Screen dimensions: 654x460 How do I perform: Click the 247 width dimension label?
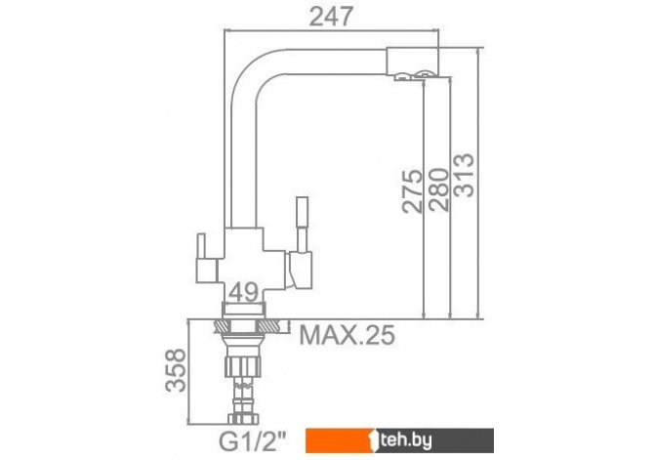coord(331,18)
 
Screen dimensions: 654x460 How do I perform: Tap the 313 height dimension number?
coord(464,175)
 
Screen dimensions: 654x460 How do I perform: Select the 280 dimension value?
coord(439,189)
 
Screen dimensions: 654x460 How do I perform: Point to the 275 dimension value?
coord(412,191)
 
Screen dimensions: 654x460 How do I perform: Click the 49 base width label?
coord(243,292)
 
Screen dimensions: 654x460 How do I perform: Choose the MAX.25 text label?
coord(347,335)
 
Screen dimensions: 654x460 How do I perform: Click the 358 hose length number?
coord(175,370)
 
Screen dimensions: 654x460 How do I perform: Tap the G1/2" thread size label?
coord(253,440)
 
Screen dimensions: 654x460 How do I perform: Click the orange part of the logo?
coord(338,440)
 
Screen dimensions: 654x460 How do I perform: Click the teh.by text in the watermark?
coord(404,440)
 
